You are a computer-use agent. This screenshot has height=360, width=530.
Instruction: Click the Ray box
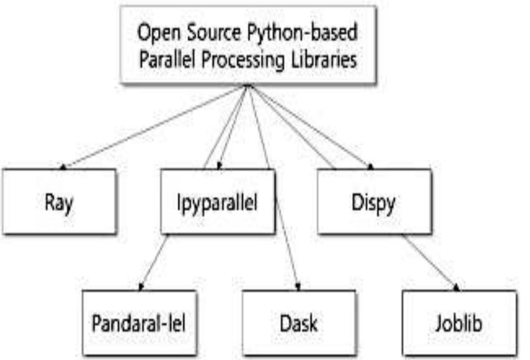tap(59, 202)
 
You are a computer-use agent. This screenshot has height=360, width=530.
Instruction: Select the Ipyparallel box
tap(218, 202)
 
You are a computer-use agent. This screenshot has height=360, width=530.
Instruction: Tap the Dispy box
tap(375, 202)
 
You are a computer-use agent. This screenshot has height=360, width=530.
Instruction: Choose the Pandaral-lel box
tap(139, 323)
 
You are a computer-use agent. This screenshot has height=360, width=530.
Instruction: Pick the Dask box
tap(299, 323)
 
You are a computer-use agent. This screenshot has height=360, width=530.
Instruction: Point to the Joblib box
tap(459, 323)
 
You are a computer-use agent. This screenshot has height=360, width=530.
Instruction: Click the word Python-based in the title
tap(302, 33)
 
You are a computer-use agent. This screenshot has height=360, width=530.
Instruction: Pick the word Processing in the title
tap(243, 61)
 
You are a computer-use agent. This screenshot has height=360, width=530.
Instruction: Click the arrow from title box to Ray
tap(154, 126)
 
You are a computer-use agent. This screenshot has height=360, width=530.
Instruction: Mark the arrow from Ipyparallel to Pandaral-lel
tap(154, 263)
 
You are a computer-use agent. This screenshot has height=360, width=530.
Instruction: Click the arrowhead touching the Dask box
tap(298, 287)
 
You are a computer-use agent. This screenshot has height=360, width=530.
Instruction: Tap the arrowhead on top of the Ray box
tap(63, 167)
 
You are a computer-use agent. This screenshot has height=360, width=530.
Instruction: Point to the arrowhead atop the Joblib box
tap(456, 288)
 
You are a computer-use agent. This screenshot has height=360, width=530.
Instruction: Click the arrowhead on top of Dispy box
tap(370, 167)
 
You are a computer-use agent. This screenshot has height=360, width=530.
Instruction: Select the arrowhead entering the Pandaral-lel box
tap(140, 287)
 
